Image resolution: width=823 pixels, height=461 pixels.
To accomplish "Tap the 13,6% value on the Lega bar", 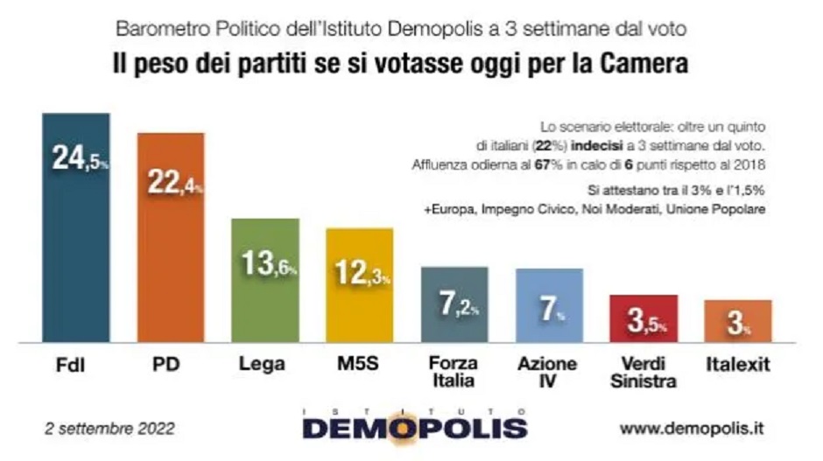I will click(x=267, y=263).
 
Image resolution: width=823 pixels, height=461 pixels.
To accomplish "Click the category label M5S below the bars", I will click(x=360, y=365).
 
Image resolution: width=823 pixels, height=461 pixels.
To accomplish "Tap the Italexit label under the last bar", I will click(x=738, y=365).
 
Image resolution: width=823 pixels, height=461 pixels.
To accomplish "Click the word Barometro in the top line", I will click(x=160, y=29).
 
